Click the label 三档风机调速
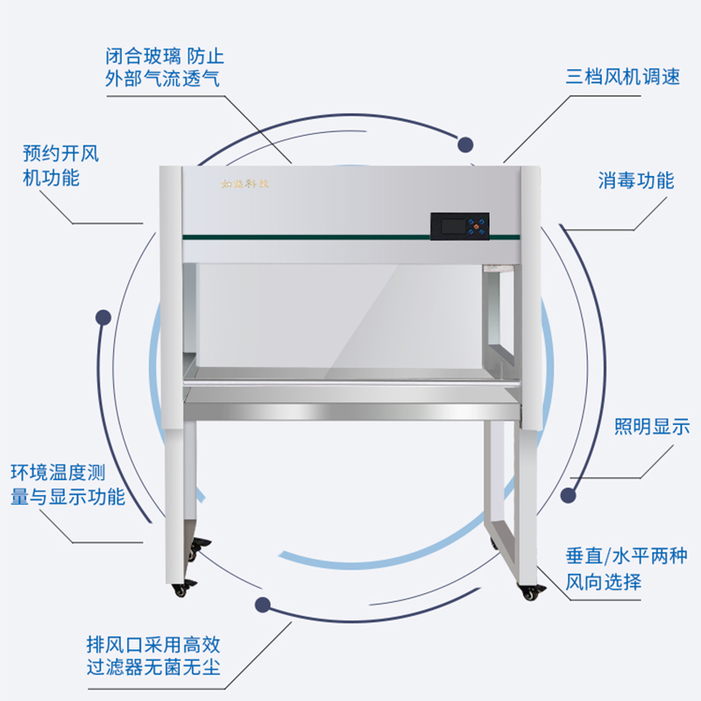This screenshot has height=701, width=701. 622,75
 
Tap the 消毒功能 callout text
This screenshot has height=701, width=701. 636,181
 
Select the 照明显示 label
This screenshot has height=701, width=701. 651,428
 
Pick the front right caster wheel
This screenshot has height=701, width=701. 529,592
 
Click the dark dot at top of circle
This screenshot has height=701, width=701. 466,144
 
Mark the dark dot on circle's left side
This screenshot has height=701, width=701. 103,317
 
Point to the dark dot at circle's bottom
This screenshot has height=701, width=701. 261,605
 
